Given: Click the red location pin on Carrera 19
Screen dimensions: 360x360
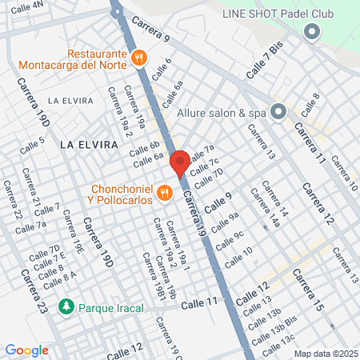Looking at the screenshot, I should [x=180, y=162].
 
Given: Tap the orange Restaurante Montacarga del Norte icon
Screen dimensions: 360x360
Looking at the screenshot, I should [x=139, y=56].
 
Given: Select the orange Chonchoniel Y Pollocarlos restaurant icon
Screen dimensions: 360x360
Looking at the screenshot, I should [x=164, y=192].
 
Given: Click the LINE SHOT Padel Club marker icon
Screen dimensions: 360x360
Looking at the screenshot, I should [x=312, y=32].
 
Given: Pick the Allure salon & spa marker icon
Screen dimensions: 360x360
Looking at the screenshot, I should [x=278, y=112].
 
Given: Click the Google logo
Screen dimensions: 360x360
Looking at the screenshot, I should [x=26, y=350].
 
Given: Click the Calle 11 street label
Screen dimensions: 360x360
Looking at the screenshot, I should [x=198, y=303].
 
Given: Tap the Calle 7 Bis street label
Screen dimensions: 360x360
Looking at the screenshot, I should [x=265, y=61].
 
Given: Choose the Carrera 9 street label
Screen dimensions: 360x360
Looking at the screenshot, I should [x=151, y=29].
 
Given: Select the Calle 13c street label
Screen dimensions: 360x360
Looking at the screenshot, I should [x=282, y=341].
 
